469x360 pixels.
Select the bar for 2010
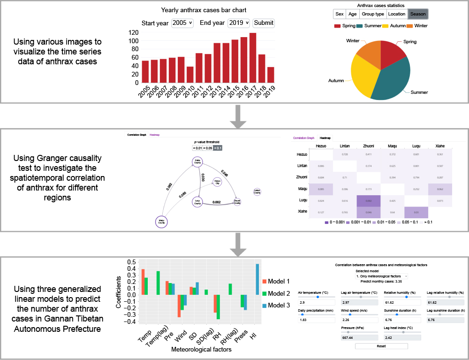coord(190,75)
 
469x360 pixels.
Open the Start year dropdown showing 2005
coord(182,23)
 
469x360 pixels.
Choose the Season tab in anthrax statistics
coord(417,14)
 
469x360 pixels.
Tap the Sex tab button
coord(340,14)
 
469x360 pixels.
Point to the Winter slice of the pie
coord(370,50)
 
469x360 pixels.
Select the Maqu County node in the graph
coord(161,222)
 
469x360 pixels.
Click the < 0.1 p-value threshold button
coord(218,148)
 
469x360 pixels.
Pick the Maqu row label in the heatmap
coord(302,190)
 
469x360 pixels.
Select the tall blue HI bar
coord(257,294)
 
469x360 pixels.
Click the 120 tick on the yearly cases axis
coord(133,32)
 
